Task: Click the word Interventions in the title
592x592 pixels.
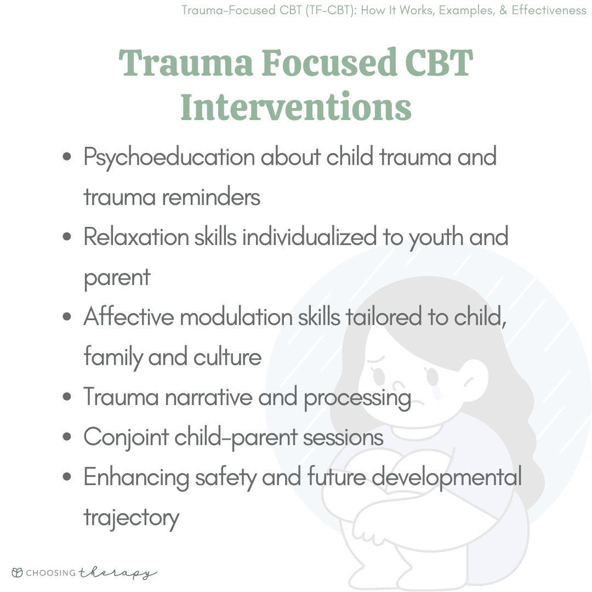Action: pyautogui.click(x=295, y=107)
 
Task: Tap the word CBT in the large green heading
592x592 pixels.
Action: pyautogui.click(x=439, y=62)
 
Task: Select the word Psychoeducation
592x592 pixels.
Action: pyautogui.click(x=169, y=157)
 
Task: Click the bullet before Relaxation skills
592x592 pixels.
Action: pyautogui.click(x=67, y=237)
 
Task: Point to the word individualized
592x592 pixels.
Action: pyautogui.click(x=309, y=237)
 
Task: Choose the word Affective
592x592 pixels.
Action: pyautogui.click(x=129, y=316)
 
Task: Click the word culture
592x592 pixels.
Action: pyautogui.click(x=227, y=357)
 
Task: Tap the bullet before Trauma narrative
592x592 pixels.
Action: pyautogui.click(x=67, y=397)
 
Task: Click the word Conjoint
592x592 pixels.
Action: pyautogui.click(x=126, y=437)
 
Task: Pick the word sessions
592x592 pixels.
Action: pyautogui.click(x=343, y=438)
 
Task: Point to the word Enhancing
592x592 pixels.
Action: pyautogui.click(x=136, y=477)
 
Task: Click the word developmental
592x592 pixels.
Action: pyautogui.click(x=447, y=477)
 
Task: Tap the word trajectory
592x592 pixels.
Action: pyautogui.click(x=132, y=518)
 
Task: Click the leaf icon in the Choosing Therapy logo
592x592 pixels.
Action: pyautogui.click(x=17, y=572)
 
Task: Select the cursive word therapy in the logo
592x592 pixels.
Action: pyautogui.click(x=118, y=573)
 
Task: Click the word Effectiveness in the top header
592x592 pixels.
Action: pyautogui.click(x=549, y=10)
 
